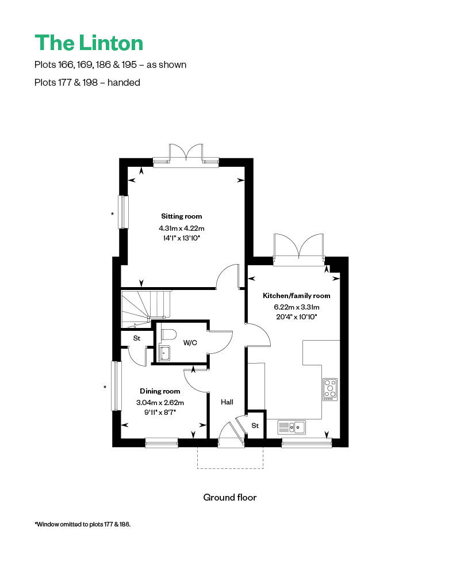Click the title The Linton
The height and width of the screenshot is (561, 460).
[x=89, y=43]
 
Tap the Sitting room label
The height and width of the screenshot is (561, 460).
[x=181, y=216]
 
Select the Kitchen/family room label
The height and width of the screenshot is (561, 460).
[x=296, y=295]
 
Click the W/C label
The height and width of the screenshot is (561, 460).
[x=190, y=343]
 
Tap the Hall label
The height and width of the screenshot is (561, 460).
[x=227, y=402]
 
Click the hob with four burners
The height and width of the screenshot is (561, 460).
[x=330, y=389]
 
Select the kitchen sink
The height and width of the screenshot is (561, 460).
[x=292, y=427]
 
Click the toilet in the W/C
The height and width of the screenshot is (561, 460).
[x=168, y=334]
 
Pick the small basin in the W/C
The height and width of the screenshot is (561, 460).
[x=163, y=353]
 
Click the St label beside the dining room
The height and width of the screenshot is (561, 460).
[x=137, y=338]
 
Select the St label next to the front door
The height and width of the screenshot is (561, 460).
[x=255, y=426]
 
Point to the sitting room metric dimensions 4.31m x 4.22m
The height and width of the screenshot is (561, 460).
[x=181, y=228]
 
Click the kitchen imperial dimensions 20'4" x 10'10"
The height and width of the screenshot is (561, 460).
[x=296, y=316]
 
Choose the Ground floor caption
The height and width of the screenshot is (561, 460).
[x=229, y=497]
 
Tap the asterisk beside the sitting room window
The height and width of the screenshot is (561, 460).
[x=113, y=214]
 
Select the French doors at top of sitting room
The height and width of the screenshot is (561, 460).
[x=186, y=154]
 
